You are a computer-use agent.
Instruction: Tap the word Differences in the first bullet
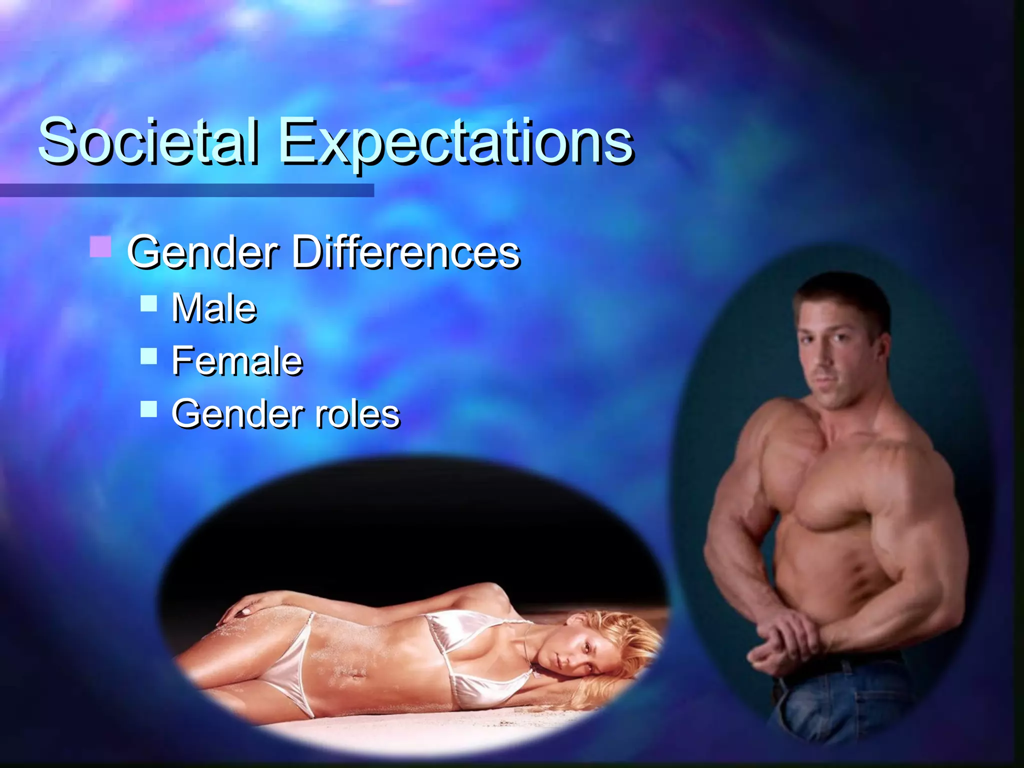coord(405,252)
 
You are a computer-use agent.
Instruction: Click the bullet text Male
coord(214,308)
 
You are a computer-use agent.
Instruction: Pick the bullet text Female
coord(237,361)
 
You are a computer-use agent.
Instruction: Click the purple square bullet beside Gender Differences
coord(100,247)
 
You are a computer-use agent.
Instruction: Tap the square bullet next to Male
coord(148,303)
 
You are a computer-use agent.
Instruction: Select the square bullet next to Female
coord(148,356)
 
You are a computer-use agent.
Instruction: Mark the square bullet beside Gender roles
coord(148,409)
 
